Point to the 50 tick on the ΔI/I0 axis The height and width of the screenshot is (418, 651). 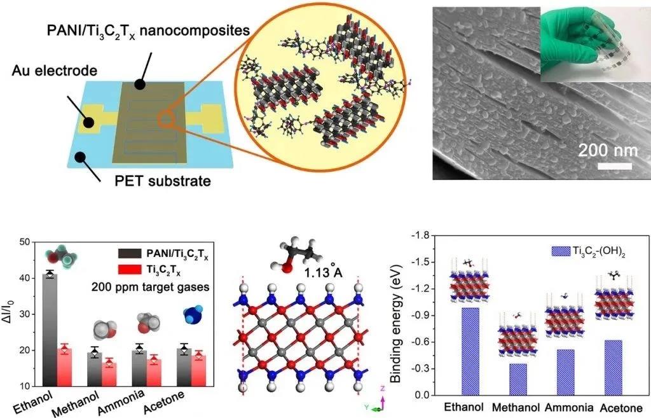(25, 242)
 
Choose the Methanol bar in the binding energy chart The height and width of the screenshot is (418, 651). (518, 379)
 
